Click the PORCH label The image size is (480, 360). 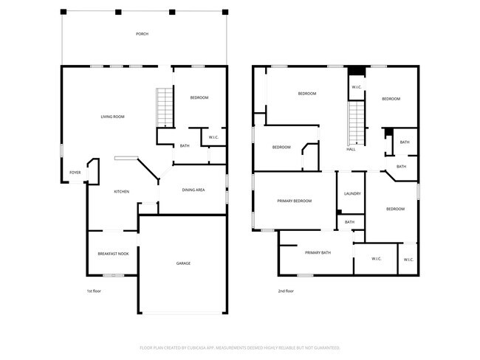pos(142,34)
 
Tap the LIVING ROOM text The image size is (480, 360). pos(112,117)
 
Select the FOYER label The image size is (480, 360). pos(75,173)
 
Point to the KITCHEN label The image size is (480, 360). pos(121,192)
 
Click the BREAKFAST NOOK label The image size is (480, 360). pos(113,254)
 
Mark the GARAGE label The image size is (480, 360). pos(183,263)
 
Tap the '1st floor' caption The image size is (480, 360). pos(94,291)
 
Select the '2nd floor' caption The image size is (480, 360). pos(287,291)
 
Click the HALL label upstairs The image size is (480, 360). pos(351,149)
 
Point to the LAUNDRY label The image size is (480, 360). pos(352,194)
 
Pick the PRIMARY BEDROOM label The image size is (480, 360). pos(294,201)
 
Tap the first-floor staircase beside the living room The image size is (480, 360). pos(164,108)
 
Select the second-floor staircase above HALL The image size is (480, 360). pos(357,122)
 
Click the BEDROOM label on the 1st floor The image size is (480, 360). pos(199,98)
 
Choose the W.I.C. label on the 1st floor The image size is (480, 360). pos(213,138)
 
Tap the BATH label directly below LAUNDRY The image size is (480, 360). pos(350,222)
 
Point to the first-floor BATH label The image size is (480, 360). pos(185,146)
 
